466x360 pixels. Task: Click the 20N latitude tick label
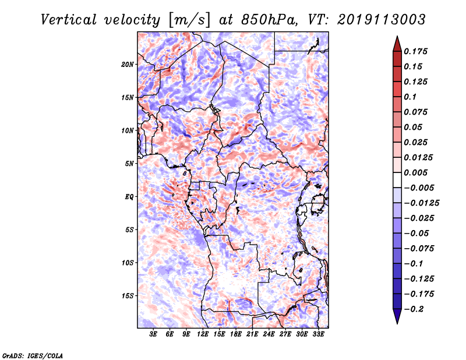(x=128, y=64)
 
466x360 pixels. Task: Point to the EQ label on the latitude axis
(x=130, y=196)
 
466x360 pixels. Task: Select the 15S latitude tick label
(x=128, y=295)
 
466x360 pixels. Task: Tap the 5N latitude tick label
(x=129, y=164)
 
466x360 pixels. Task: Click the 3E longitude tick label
(x=154, y=335)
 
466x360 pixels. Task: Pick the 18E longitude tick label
(x=236, y=335)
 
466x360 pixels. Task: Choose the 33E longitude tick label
(x=319, y=335)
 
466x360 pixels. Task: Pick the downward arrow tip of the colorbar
(x=396, y=321)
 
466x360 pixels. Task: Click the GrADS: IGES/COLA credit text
(x=33, y=355)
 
